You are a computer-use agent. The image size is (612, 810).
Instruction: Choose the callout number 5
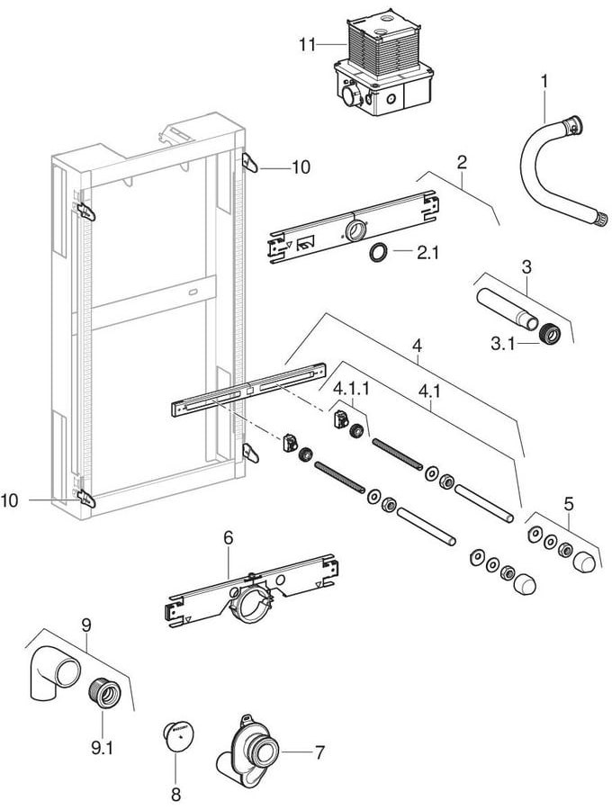[568, 504]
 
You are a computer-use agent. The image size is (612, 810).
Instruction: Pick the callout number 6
[228, 536]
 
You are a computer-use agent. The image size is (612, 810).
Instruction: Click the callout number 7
[319, 751]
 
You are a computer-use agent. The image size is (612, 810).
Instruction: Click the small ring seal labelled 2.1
[380, 253]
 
